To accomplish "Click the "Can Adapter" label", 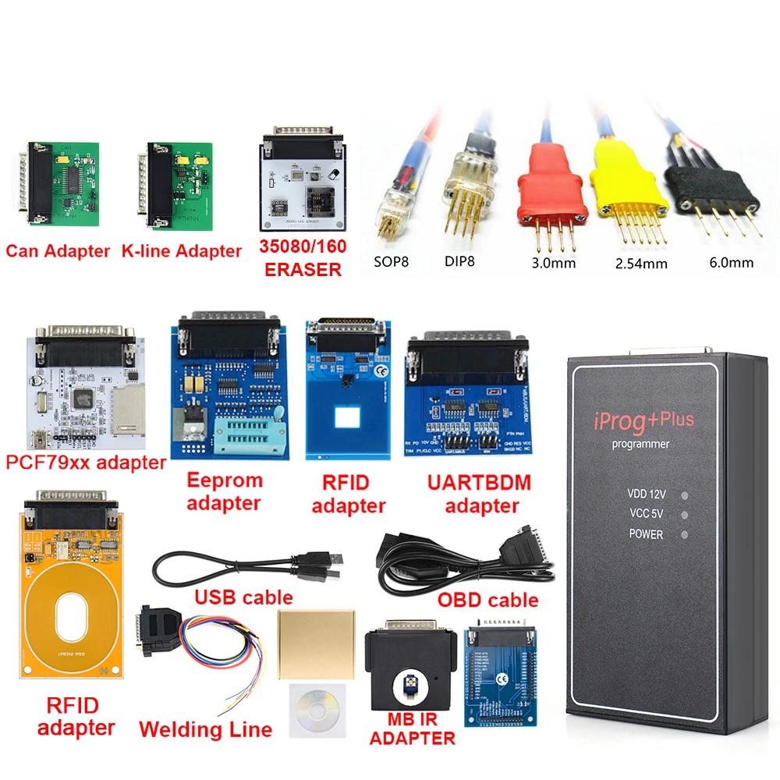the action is [58, 251].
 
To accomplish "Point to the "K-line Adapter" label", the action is [182, 251].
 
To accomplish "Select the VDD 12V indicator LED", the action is [684, 495].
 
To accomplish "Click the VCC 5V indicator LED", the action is [684, 515].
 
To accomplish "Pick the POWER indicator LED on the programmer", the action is [684, 535].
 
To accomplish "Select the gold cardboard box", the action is [316, 641].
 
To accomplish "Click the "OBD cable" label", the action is [487, 600].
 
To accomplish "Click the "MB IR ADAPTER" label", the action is [412, 728].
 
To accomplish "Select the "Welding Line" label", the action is [205, 730].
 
